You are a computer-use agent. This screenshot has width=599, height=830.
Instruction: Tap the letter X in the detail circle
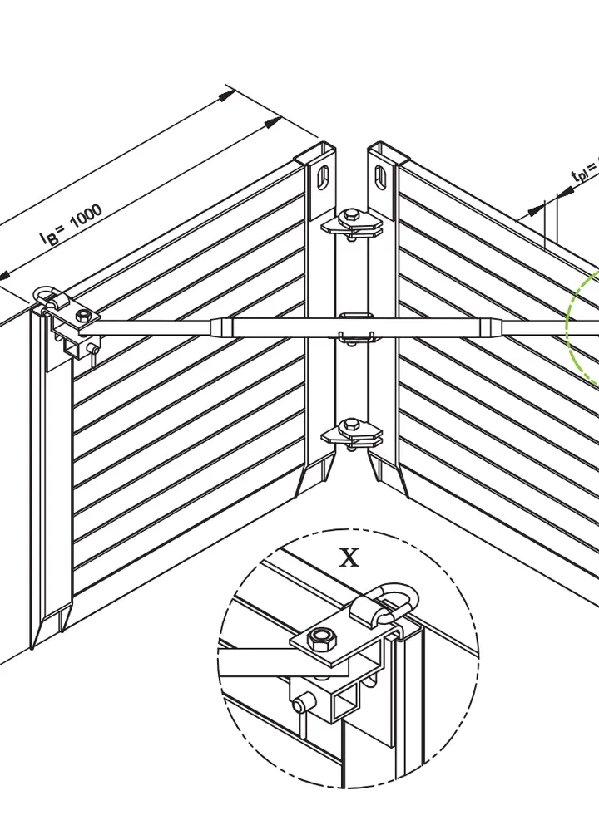[x=349, y=557]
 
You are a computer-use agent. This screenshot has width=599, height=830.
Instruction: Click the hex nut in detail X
[x=322, y=639]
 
